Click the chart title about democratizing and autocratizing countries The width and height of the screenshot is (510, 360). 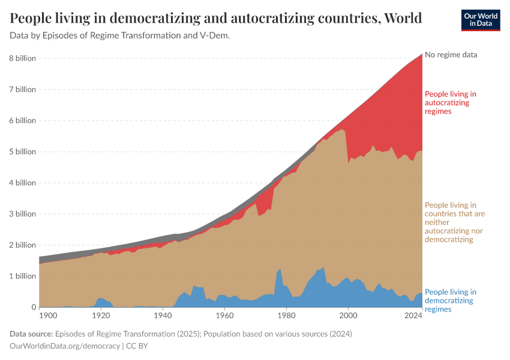pos(215,18)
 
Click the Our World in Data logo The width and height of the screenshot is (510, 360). pos(480,20)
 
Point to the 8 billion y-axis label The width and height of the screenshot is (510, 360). pos(22,58)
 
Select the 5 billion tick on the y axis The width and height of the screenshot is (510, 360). pos(22,152)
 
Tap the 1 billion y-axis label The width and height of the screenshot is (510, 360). pos(22,277)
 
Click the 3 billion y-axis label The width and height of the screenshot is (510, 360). pos(22,214)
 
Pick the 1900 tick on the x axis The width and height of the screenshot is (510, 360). pos(48,315)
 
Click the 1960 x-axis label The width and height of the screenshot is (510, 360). pos(224,315)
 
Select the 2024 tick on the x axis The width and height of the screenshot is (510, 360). pos(413,315)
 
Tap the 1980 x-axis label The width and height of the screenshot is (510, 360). pos(286,315)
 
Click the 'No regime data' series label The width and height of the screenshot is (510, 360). pos(451,55)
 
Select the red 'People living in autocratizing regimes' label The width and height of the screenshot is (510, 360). pos(451,103)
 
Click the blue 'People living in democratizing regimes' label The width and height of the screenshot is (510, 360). pos(451,301)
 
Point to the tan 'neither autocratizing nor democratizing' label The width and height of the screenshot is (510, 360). pos(455,222)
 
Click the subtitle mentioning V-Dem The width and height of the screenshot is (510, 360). pos(120,35)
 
